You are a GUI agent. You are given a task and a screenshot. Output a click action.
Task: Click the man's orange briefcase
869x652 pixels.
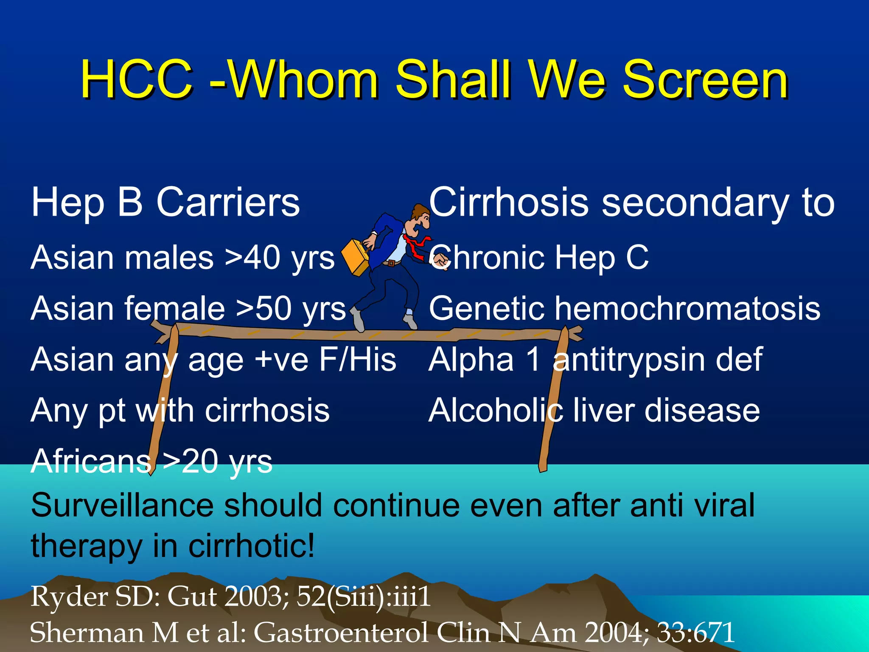coord(356,257)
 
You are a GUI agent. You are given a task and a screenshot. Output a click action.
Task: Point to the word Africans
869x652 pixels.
coord(91,461)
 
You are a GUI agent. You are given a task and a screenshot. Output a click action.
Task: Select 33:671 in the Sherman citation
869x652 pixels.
coord(696,632)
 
